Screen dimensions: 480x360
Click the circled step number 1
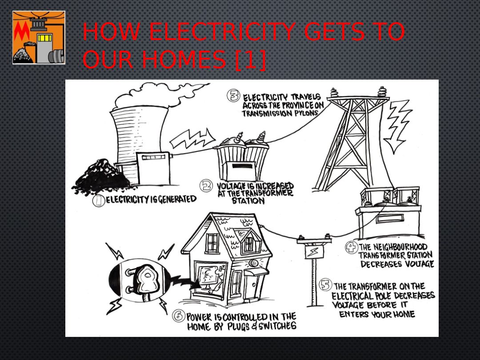coord(99,201)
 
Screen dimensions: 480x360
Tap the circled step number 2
coord(206,185)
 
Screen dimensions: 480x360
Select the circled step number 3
coord(233,96)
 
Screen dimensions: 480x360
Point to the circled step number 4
coord(351,248)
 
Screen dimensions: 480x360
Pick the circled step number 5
coord(325,285)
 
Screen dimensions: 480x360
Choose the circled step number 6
coord(179,316)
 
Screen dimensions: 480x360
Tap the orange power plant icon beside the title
coord(39,37)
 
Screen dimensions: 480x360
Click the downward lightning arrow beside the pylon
coord(397,126)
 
